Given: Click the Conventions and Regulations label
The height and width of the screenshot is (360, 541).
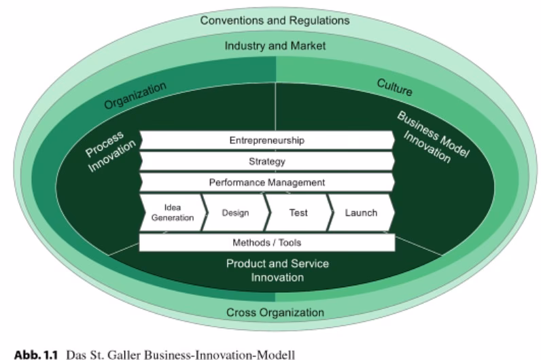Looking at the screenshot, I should click(x=275, y=20).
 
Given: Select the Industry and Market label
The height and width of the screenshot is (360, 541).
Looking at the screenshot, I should click(x=275, y=46).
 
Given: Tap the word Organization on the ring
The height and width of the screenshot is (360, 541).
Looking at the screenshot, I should click(x=135, y=96).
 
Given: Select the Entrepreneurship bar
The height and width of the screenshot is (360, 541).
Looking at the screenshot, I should click(x=266, y=141).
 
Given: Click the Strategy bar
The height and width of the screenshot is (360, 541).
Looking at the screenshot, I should click(x=266, y=162).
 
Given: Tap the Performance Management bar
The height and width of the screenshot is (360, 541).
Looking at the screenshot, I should click(x=266, y=183).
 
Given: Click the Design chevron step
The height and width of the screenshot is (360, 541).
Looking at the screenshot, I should click(x=235, y=213).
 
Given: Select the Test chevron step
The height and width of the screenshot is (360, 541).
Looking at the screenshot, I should click(x=298, y=213).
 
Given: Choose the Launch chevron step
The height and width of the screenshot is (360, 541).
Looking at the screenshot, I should click(x=361, y=213).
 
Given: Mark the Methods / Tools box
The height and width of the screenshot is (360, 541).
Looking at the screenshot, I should click(x=266, y=242).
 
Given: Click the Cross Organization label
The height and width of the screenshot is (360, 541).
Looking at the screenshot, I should click(x=275, y=312).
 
